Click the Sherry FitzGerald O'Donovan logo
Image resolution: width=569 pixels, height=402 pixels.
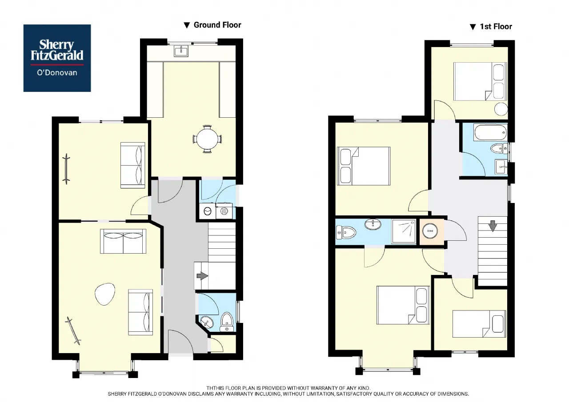(x=57, y=58)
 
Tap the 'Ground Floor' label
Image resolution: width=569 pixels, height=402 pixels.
(x=217, y=25)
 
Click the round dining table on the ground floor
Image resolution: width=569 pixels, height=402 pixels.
(x=208, y=139)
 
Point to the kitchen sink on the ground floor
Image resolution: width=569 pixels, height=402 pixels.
(x=181, y=51)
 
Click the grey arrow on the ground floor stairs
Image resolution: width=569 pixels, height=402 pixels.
(x=202, y=276)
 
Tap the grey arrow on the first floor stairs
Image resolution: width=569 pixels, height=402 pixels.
(x=493, y=226)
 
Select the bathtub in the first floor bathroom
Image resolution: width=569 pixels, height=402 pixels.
(x=490, y=132)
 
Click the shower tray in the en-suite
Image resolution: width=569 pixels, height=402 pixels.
(x=404, y=231)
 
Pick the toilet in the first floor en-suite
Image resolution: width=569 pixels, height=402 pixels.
(x=346, y=232)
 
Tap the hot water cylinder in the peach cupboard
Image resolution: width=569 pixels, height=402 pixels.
(x=430, y=231)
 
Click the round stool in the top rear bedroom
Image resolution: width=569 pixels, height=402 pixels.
(x=501, y=109)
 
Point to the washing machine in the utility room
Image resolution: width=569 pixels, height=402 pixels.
(x=208, y=211)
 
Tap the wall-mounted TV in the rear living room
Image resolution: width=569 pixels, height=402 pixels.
(x=67, y=169)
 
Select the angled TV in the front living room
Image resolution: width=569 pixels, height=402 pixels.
(x=73, y=330)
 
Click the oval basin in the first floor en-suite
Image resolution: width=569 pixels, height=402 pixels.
(x=373, y=224)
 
